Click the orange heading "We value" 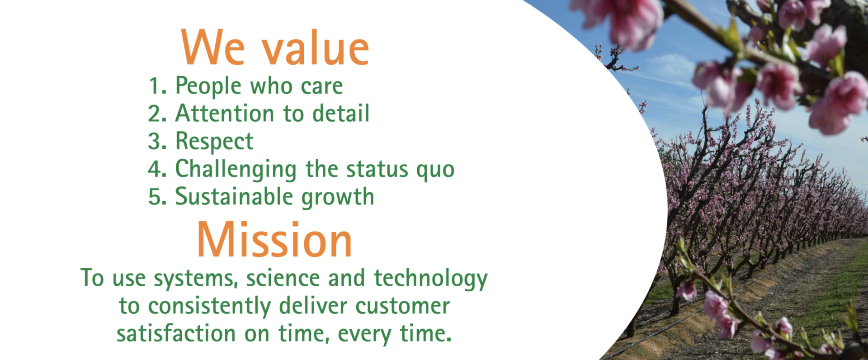click(x=275, y=47)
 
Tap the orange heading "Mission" click(x=274, y=240)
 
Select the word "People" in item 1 click(x=208, y=86)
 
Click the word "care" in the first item click(x=322, y=86)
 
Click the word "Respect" click(x=214, y=142)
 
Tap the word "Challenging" click(x=236, y=170)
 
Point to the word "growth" click(x=338, y=198)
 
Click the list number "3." click(x=157, y=142)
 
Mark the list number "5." click(x=157, y=197)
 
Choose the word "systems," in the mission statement click(x=196, y=279)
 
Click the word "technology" click(x=431, y=279)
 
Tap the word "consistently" click(x=209, y=306)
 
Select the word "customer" click(x=402, y=306)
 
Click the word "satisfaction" click(x=176, y=333)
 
